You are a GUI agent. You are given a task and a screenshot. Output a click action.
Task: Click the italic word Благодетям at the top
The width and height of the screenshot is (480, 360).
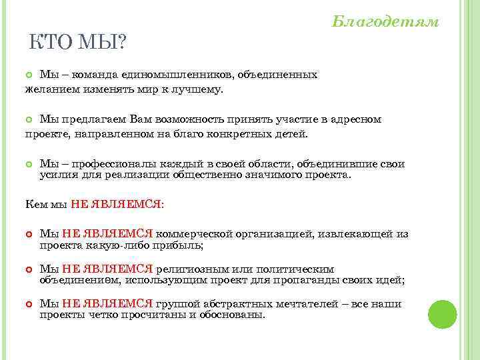[x=385, y=22]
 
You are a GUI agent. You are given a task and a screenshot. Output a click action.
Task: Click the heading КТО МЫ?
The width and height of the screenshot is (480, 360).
[x=78, y=43]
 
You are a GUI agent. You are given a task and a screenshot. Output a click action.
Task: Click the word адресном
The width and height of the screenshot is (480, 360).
[x=357, y=119]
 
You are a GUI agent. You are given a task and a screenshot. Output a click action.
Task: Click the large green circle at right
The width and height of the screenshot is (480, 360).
[x=442, y=314]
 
